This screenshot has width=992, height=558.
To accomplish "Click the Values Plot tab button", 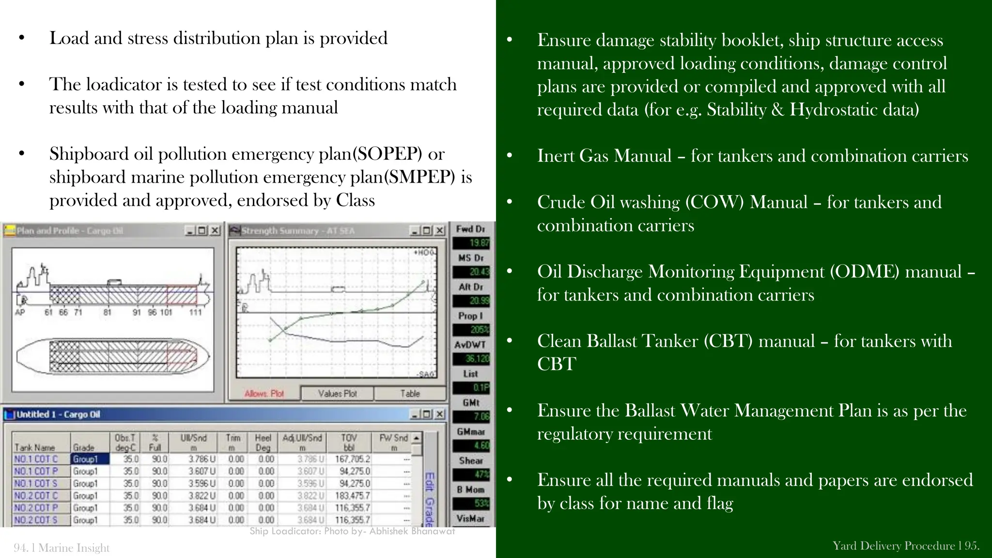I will [x=337, y=393].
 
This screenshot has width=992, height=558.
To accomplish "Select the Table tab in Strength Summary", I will [x=410, y=393].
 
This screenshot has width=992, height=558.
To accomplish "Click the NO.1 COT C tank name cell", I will [x=36, y=459].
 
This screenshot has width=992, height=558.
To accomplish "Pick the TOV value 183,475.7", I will [x=352, y=496].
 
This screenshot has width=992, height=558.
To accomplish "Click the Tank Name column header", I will [x=34, y=448].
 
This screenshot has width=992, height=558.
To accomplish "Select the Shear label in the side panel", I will [x=471, y=461].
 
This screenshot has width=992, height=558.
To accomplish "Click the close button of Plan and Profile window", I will [x=215, y=231].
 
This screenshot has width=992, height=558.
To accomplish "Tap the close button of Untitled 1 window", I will [x=439, y=414].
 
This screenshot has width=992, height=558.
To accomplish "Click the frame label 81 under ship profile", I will [x=108, y=312].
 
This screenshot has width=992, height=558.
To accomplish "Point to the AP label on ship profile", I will [x=20, y=312].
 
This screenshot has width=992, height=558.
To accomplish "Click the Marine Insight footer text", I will [x=74, y=548].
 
